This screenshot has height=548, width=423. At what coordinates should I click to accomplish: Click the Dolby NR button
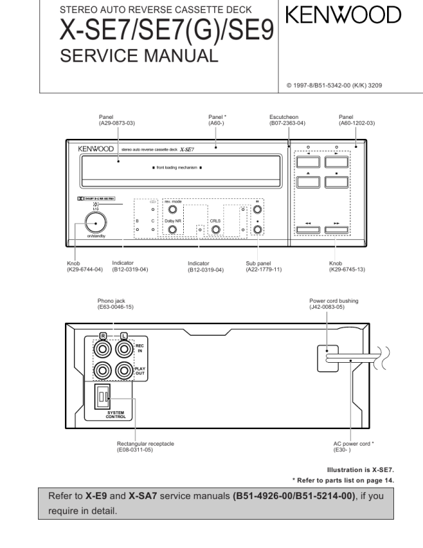point(172,229)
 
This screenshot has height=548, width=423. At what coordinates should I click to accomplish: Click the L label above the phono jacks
point(124,335)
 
